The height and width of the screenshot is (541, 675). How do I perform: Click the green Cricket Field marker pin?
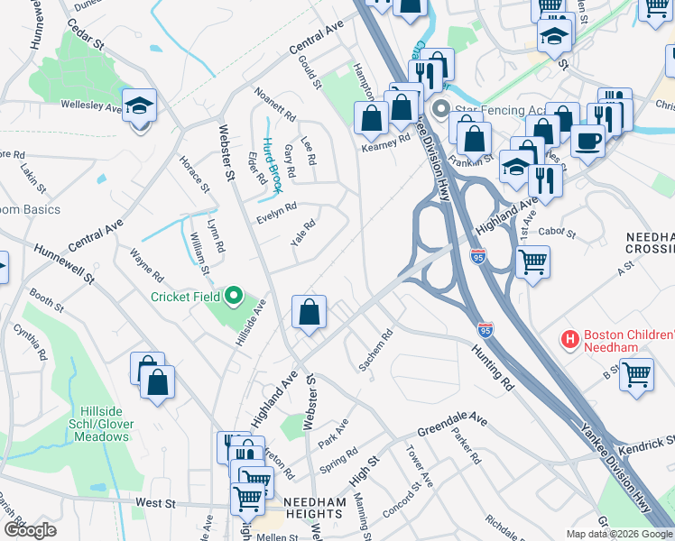234,295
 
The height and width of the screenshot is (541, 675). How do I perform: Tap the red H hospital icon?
569,340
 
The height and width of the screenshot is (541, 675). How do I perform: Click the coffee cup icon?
588,141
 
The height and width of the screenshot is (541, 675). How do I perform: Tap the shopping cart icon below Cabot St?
532,262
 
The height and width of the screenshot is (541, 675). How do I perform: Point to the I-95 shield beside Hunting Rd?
485,330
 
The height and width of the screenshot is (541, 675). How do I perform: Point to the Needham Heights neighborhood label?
312,507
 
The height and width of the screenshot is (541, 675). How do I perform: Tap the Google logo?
30,529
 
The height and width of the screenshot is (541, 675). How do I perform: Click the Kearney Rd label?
385,140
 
